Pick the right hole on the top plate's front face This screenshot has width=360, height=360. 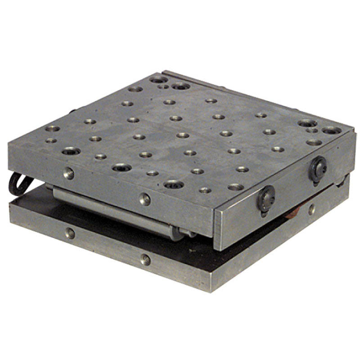(144, 198)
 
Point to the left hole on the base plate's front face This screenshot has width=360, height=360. (70, 233)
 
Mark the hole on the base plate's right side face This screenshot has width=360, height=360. (311, 209)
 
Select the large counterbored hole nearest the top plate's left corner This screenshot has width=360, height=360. (71, 151)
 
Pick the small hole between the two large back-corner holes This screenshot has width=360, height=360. (164, 86)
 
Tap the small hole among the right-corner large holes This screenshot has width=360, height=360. (312, 130)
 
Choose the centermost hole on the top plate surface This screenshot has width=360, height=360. (183, 135)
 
